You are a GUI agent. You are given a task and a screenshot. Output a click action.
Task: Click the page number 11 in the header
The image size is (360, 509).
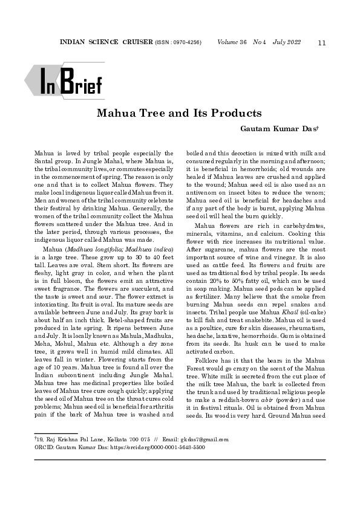coord(322,42)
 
